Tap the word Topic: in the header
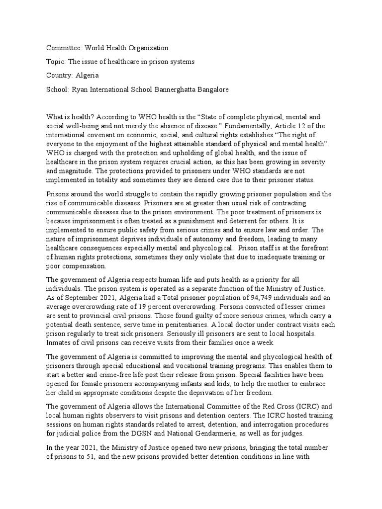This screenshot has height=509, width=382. (56, 62)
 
